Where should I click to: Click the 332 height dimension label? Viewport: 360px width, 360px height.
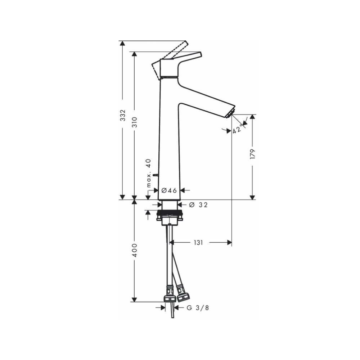123,115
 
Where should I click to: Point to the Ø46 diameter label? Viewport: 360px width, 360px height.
169,190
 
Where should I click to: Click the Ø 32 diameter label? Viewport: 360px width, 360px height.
198,205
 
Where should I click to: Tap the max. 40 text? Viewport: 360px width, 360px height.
148,173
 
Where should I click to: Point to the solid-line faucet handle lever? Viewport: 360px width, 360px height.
189,57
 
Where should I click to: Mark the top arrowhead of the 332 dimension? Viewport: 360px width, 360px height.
123,43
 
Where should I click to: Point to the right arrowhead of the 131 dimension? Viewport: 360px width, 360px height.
229,243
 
